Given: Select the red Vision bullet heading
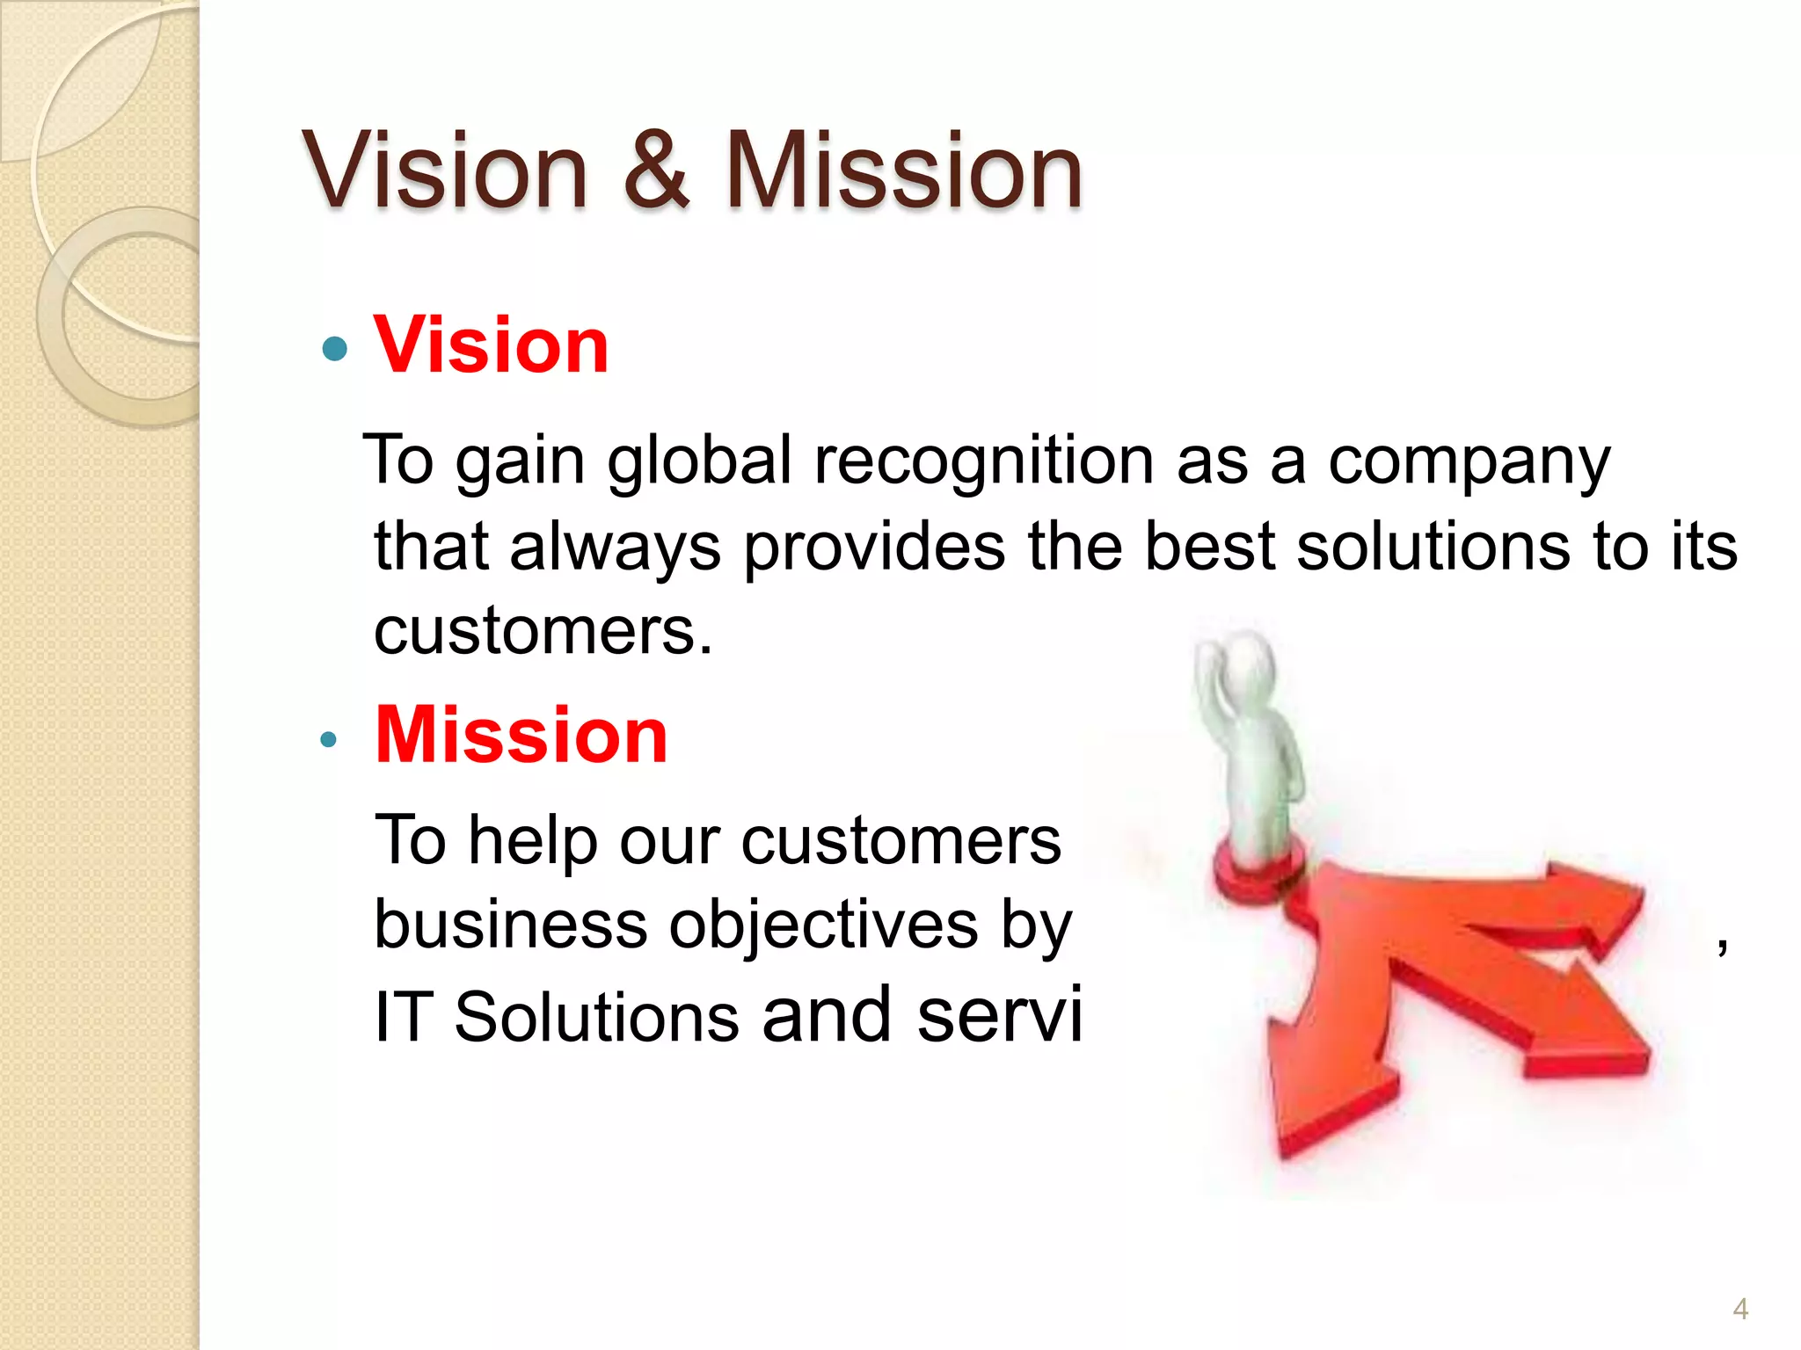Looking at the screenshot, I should [491, 345].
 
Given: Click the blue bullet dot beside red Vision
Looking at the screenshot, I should [334, 350].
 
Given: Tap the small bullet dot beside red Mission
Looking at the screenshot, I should [328, 740].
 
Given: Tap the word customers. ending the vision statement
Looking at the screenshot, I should [543, 631].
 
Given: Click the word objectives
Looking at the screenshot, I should [823, 925].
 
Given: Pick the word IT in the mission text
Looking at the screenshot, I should [402, 1017].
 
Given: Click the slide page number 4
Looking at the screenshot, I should [1739, 1309].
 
